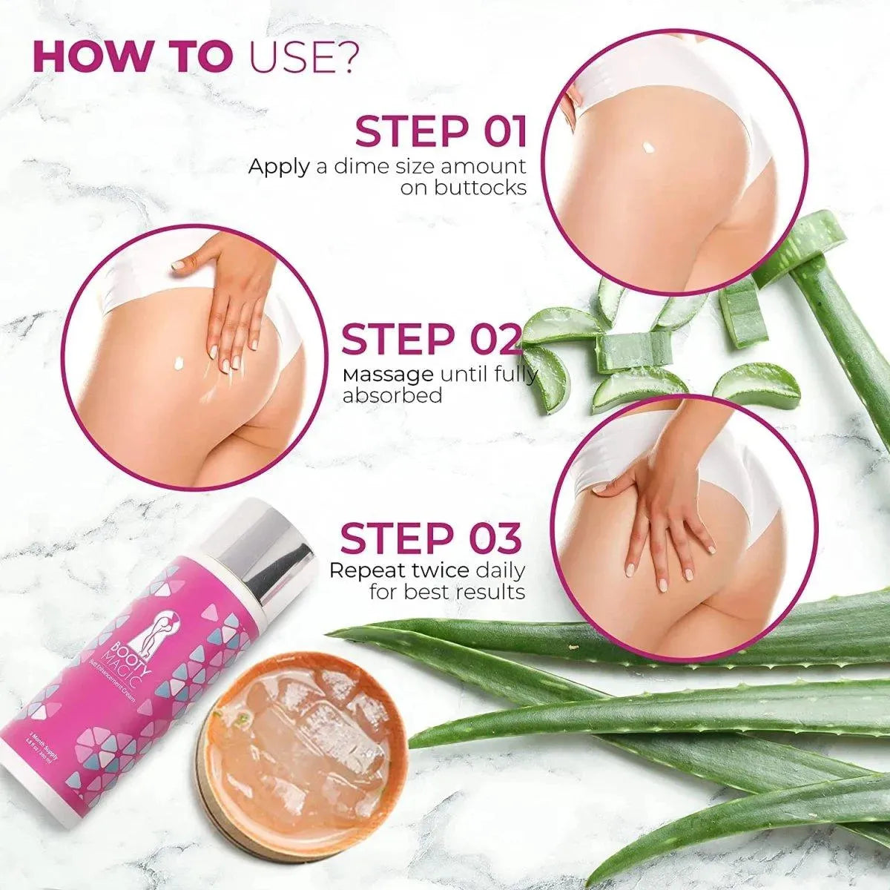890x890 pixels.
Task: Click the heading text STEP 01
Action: click(x=441, y=131)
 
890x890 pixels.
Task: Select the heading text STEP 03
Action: click(x=430, y=538)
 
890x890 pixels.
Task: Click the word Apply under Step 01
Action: click(x=279, y=166)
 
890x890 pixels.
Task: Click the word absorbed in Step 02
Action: click(x=392, y=396)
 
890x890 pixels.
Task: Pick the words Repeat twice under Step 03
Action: click(x=398, y=570)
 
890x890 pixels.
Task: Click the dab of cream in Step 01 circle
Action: click(x=650, y=146)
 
